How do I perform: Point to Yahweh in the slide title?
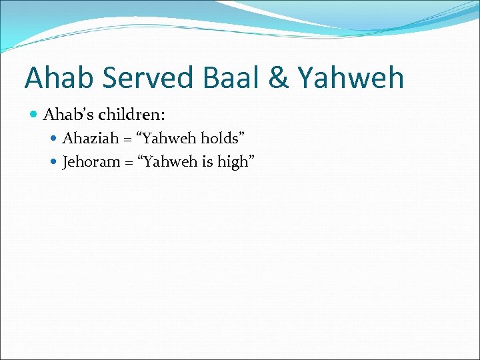(351, 78)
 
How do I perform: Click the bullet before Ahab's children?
(34, 115)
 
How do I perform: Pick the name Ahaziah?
(87, 139)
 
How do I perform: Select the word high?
(232, 162)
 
